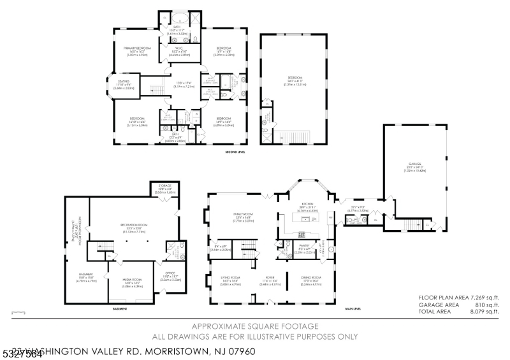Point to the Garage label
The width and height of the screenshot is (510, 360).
415,164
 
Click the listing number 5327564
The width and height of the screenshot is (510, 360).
22,354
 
